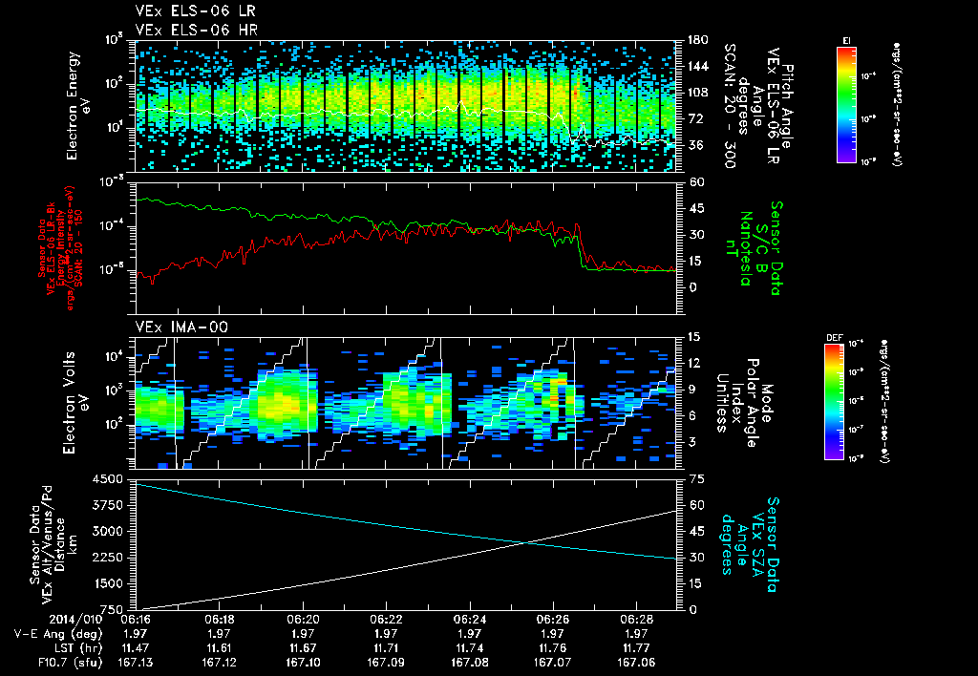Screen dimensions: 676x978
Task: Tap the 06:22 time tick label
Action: tap(386, 619)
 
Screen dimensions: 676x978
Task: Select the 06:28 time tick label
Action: tap(636, 619)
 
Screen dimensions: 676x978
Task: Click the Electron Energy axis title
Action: tap(77, 105)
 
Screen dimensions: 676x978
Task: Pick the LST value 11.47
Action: tap(138, 646)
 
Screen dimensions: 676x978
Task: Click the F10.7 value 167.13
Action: tap(138, 661)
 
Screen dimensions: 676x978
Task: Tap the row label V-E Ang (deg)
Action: tap(58, 633)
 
